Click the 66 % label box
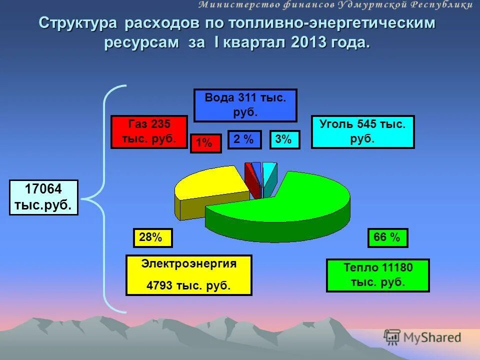coord(387,238)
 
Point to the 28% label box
coord(152,238)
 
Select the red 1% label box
coord(205,143)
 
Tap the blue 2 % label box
coord(244,140)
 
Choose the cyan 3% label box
coord(284,140)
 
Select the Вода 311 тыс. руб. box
coord(245,105)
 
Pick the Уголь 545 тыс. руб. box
coord(362,132)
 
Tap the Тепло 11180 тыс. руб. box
coord(377,275)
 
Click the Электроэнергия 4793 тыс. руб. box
coord(188,275)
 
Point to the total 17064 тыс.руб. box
coord(44,197)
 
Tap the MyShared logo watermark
coord(422,337)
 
